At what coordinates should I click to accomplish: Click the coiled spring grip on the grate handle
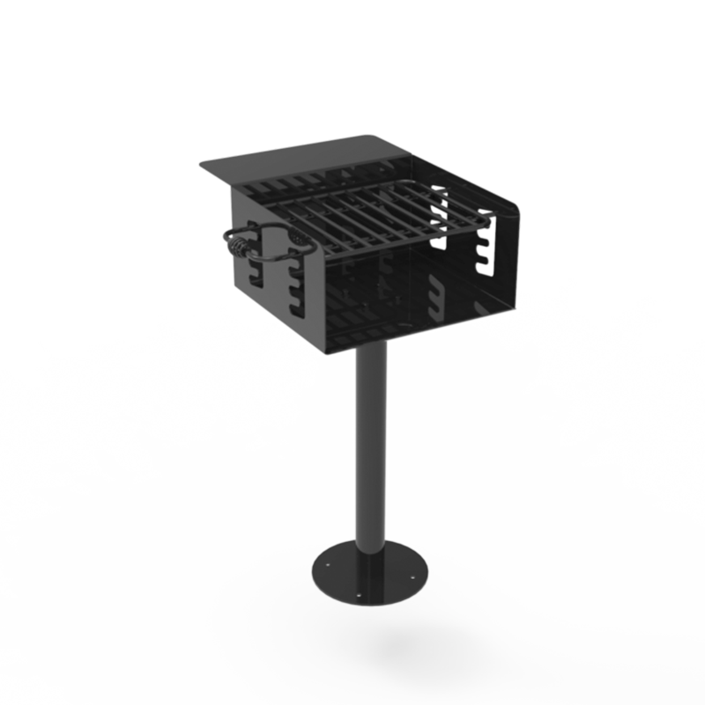point(240,243)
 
